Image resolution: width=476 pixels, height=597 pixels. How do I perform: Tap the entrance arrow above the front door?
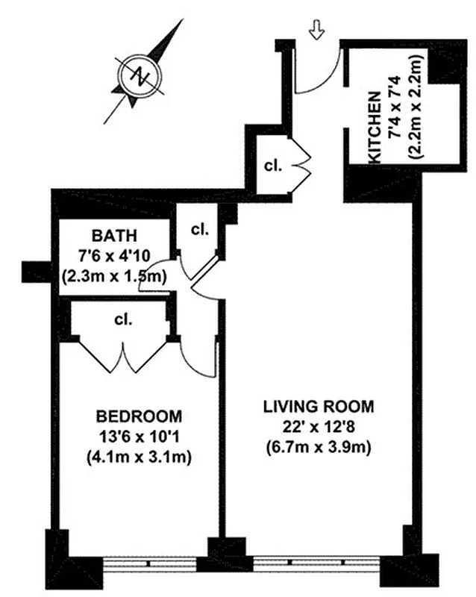316,30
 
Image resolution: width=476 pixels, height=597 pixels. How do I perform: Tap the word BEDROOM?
139,416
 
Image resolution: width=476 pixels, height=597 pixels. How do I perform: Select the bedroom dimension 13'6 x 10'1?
139,437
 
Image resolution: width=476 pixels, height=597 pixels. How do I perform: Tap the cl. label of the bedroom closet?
123,320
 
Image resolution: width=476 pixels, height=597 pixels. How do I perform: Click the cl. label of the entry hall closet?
273,166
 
